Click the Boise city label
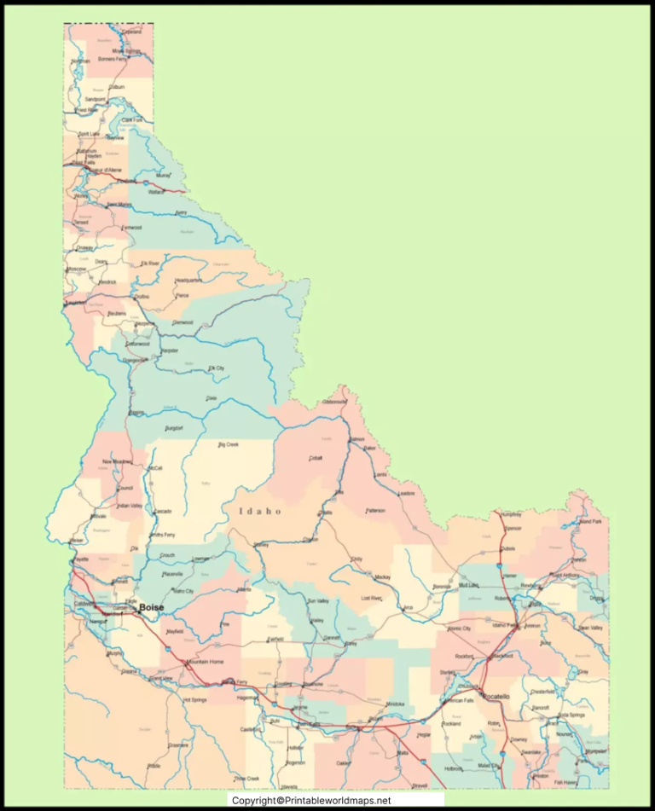(x=151, y=606)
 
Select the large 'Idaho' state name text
(x=259, y=511)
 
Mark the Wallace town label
(x=155, y=192)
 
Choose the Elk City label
(x=217, y=368)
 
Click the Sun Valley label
(x=317, y=601)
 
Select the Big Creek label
(x=228, y=444)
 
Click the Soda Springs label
(x=571, y=715)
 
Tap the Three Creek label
(x=246, y=778)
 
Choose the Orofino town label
(x=141, y=297)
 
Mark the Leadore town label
(x=406, y=493)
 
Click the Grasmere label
(x=178, y=744)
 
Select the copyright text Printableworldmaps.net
(x=311, y=801)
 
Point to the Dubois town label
(x=508, y=548)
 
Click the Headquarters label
(x=188, y=281)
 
